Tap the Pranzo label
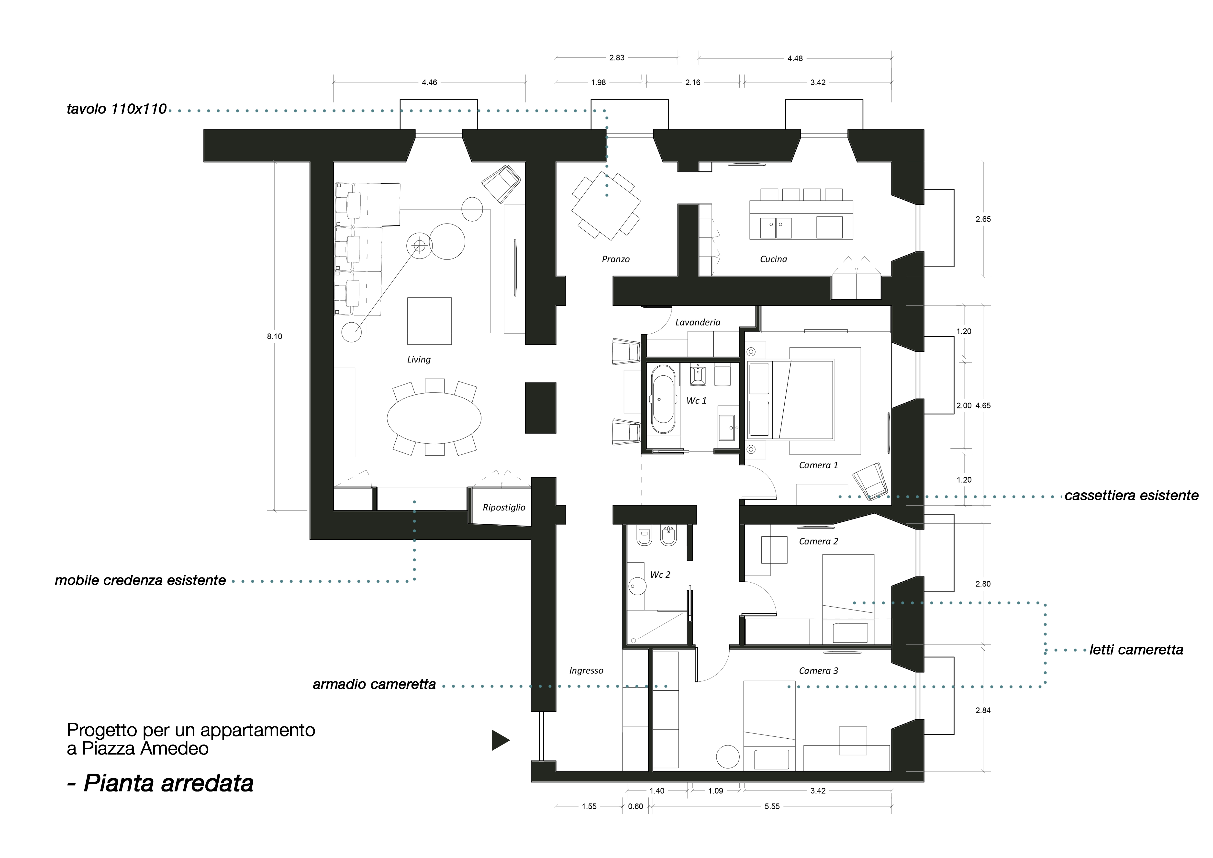[615, 259]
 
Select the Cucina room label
[773, 259]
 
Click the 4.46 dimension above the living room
[429, 82]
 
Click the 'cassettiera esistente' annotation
[1131, 496]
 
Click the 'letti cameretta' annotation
[1136, 650]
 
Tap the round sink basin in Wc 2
[637, 587]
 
